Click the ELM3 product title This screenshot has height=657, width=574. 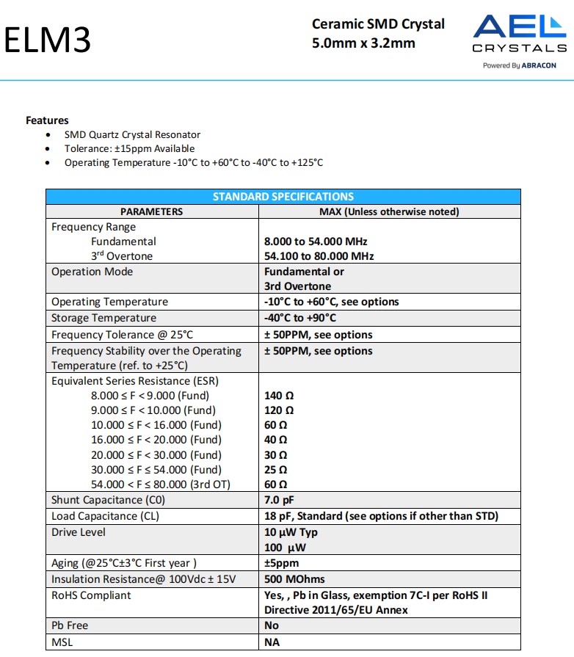point(48,40)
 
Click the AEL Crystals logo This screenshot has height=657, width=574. point(519,34)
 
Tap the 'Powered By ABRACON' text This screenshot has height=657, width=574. point(519,65)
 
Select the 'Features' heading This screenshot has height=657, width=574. point(47,120)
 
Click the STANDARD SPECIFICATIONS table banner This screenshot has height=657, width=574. point(283,197)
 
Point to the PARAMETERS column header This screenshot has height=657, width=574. point(151,211)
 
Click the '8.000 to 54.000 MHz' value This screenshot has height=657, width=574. point(316,241)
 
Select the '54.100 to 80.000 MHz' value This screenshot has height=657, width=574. point(319,256)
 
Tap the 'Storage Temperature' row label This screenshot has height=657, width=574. point(103,318)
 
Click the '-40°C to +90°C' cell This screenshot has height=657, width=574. point(299,318)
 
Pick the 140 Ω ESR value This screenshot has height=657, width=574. point(279,395)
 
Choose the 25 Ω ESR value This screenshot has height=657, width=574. point(276,469)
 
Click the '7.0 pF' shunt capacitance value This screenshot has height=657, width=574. point(279,500)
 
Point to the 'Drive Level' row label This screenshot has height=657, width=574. point(79,532)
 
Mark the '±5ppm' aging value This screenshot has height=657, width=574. point(282,563)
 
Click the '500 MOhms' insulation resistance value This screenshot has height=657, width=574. point(294,579)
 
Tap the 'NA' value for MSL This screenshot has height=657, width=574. point(272,642)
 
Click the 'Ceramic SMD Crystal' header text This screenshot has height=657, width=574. point(378,24)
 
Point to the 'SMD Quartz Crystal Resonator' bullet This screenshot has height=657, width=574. point(132,134)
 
